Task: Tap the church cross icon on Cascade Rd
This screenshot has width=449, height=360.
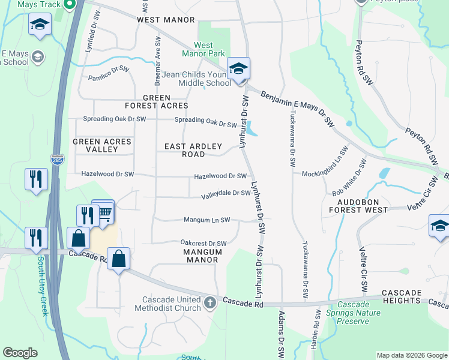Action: coord(209,302)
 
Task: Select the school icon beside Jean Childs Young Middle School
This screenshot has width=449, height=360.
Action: coord(238,68)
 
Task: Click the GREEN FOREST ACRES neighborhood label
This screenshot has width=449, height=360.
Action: coord(157,101)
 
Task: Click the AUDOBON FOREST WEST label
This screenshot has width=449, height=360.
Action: coord(358,206)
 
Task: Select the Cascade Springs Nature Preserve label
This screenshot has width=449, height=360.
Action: coord(353,313)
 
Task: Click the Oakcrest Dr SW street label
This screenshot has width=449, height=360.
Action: coord(203,243)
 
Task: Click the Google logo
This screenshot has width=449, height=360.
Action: coord(20,353)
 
